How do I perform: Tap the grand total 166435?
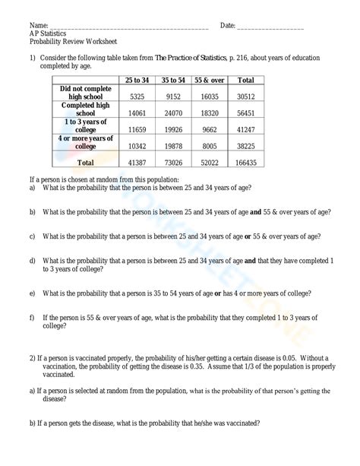[246, 163]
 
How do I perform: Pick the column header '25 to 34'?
[137, 80]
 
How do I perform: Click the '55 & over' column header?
[210, 80]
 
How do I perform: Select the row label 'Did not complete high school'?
[86, 93]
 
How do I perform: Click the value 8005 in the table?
[210, 145]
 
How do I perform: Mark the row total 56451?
[246, 112]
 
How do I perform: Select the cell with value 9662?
[210, 128]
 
